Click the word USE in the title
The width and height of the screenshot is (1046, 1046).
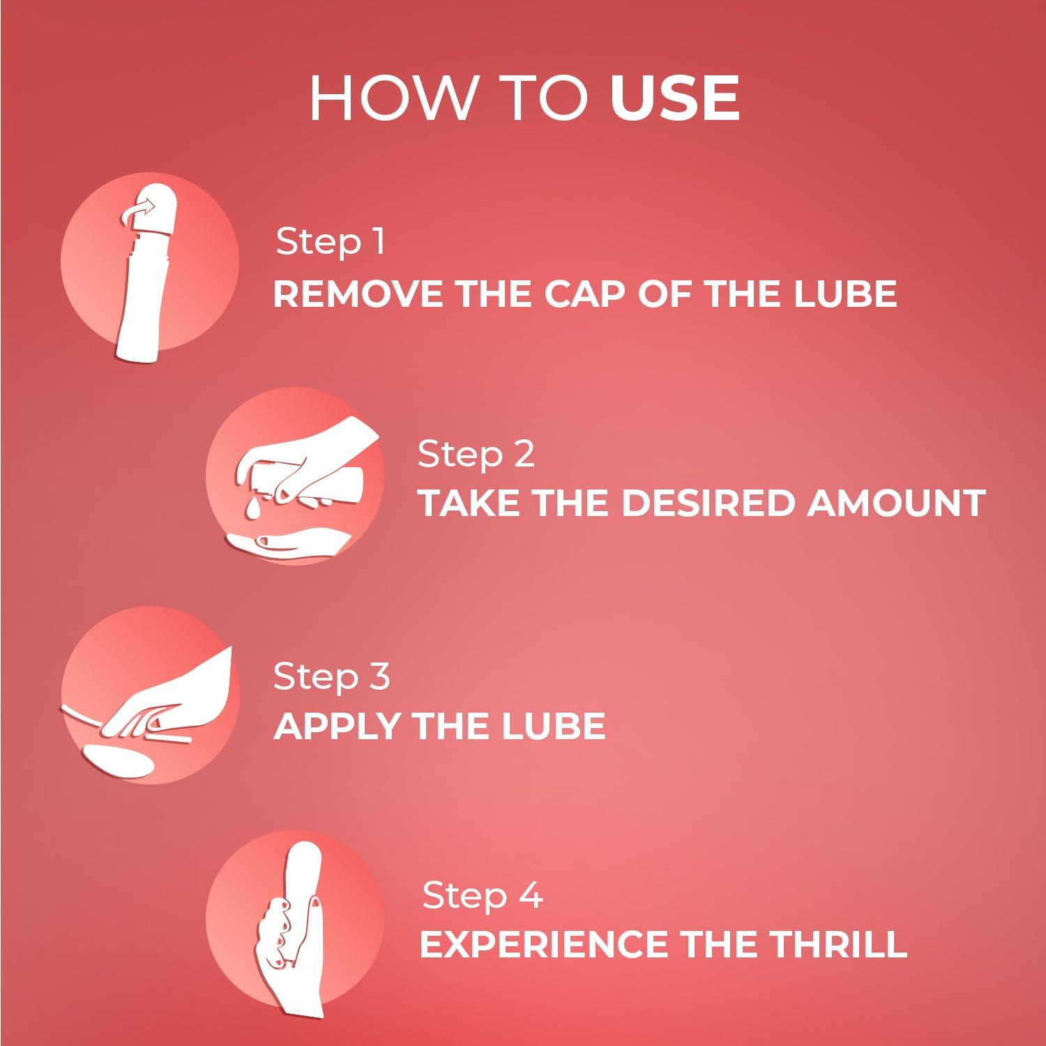tap(674, 98)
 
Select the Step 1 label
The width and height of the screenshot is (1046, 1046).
tap(331, 242)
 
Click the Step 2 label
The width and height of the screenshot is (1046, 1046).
tap(476, 454)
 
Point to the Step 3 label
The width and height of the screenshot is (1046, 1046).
tap(331, 676)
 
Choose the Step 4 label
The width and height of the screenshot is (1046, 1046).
tap(483, 895)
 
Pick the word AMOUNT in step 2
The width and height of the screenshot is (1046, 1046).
tap(896, 503)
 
